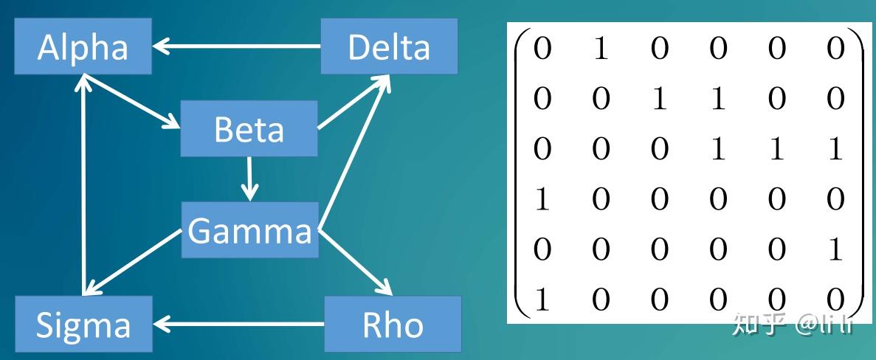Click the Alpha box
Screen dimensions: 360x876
pos(82,47)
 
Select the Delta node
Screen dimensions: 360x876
pos(388,47)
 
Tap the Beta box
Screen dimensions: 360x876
pos(249,130)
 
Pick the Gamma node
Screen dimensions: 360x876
pos(250,231)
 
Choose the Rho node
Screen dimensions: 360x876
pos(393,324)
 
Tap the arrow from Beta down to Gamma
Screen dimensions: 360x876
pos(251,178)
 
